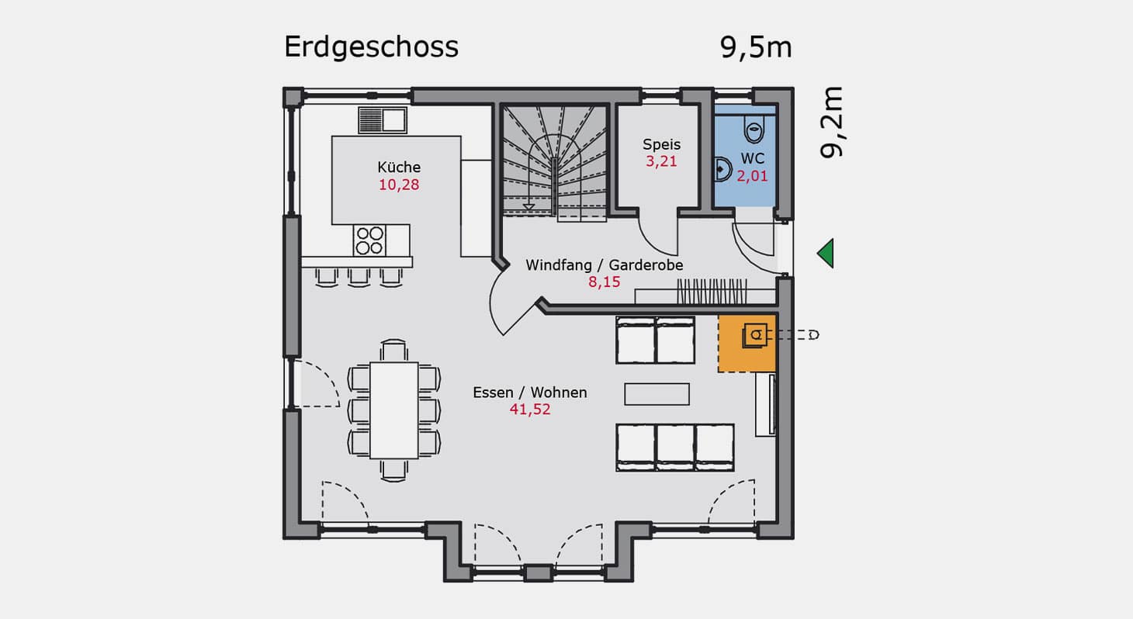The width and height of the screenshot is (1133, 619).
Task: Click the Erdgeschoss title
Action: tap(371, 48)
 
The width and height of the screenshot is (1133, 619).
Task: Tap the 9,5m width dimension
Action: tap(756, 48)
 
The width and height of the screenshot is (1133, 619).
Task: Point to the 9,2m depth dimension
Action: tap(832, 123)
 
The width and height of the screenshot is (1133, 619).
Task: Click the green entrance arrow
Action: tap(825, 253)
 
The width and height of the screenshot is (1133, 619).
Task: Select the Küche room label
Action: tap(399, 167)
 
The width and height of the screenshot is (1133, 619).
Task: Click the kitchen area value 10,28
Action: tap(399, 185)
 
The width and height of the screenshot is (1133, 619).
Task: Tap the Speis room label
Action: tap(661, 145)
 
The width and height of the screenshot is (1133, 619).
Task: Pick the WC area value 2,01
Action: tap(752, 176)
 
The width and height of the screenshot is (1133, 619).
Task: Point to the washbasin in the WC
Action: tap(722, 169)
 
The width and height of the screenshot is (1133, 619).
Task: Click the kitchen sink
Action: tap(383, 120)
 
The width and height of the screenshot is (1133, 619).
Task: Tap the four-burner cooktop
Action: tap(369, 240)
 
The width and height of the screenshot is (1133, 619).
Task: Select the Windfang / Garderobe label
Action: tap(604, 265)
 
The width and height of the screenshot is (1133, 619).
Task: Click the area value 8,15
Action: tap(604, 282)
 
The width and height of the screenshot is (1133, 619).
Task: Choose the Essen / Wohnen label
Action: tap(529, 392)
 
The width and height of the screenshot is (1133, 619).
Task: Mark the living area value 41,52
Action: tap(529, 409)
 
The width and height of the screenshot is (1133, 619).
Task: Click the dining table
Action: tap(394, 410)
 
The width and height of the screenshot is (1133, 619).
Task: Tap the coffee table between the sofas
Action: tap(657, 394)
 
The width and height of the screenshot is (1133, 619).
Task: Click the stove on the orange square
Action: tap(754, 335)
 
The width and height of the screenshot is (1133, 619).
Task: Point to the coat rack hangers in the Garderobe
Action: tap(712, 292)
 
